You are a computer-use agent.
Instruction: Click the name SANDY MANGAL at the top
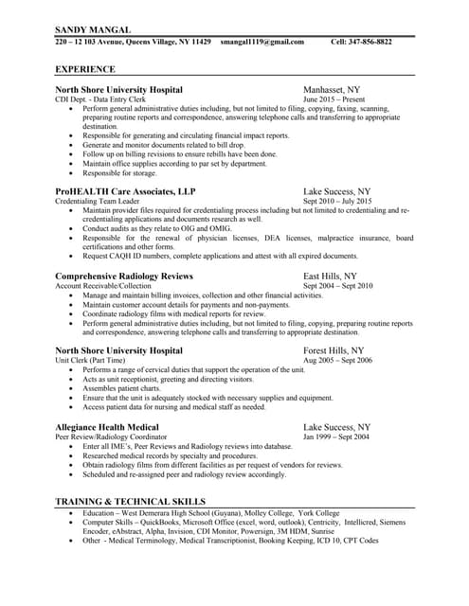tap(93, 30)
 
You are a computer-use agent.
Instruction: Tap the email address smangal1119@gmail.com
tap(262, 43)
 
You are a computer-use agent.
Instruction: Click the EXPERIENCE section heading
tap(85, 69)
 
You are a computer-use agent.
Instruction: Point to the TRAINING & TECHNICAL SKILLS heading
tap(130, 500)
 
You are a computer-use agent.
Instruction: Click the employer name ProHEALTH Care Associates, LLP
tap(126, 191)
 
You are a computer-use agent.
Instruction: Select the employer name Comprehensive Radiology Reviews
tap(124, 276)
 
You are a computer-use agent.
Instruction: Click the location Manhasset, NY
tap(338, 89)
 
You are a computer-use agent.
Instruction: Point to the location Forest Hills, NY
tap(339, 350)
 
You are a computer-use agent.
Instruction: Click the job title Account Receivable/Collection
tap(104, 285)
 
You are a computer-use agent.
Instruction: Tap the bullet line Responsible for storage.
tap(119, 173)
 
